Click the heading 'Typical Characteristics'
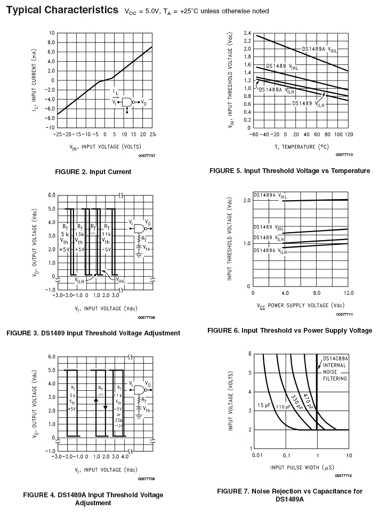62,10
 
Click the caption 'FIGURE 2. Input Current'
93,172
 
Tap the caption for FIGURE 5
289,171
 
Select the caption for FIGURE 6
289,331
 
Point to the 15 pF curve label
264,406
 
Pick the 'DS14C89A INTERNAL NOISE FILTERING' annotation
334,368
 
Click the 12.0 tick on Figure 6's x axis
349,293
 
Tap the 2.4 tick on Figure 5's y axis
246,33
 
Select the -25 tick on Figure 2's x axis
58,134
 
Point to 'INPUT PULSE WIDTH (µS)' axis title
302,467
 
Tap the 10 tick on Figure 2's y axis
51,33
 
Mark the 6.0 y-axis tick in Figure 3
52,195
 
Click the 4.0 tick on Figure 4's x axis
125,457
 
